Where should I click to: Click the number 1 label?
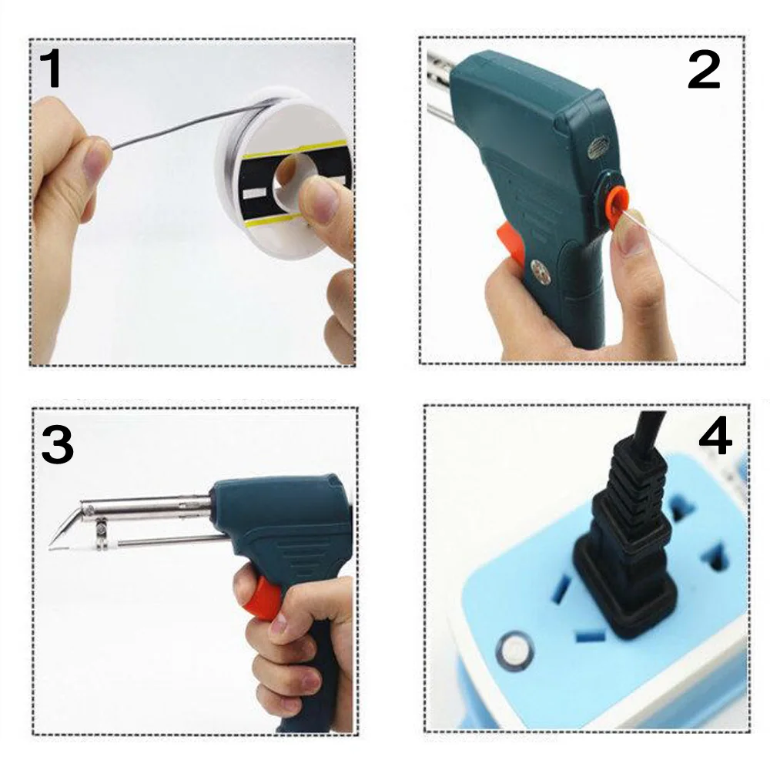point(51,69)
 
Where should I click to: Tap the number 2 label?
point(704,71)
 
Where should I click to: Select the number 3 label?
point(58,445)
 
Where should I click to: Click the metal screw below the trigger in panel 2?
point(541,272)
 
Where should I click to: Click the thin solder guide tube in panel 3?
point(167,541)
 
